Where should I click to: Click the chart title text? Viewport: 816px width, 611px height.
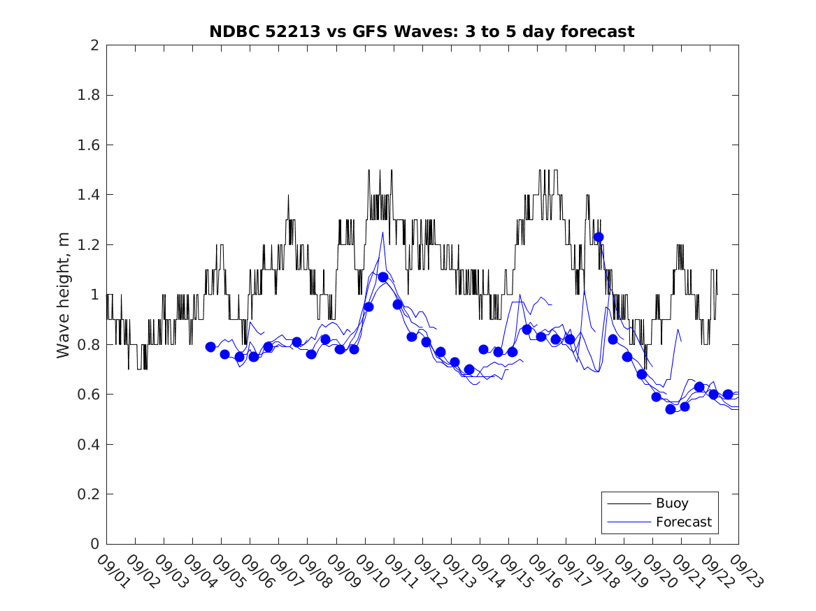(x=422, y=31)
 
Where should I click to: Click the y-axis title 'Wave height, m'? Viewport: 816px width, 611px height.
(x=64, y=295)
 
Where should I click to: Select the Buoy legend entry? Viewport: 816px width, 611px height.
(x=672, y=503)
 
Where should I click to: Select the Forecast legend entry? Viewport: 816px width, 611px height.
(x=683, y=522)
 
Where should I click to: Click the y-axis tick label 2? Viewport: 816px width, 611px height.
(x=94, y=45)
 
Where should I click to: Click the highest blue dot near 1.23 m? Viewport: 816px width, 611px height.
(x=599, y=237)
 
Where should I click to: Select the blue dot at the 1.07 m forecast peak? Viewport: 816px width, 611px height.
(x=383, y=277)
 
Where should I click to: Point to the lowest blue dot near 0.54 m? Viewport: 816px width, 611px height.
(x=671, y=409)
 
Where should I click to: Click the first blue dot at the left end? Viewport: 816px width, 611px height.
(x=210, y=347)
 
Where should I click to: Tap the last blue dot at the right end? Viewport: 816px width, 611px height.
(x=728, y=395)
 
